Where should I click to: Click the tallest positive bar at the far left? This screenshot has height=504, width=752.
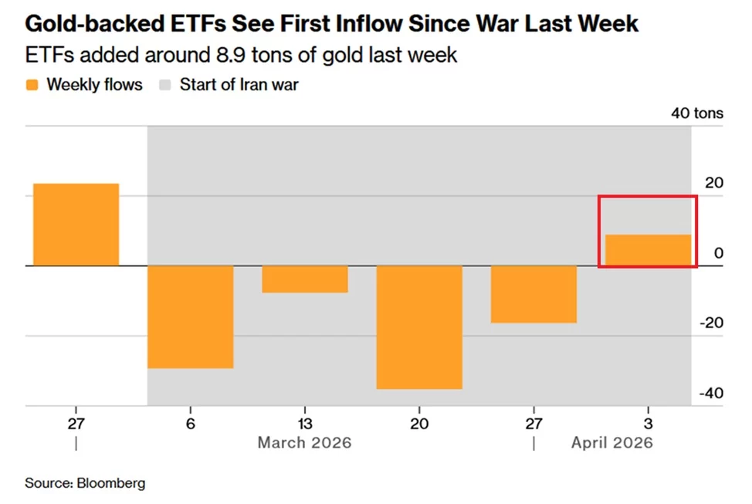76,225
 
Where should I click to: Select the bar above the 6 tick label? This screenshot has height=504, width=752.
190,316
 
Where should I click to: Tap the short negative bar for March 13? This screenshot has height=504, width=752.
304,279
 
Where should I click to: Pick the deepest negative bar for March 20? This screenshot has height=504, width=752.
418,327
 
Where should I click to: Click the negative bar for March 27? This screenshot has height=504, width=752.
534,294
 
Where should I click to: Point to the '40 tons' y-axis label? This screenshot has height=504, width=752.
697,113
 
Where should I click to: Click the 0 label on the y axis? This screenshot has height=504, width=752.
719,253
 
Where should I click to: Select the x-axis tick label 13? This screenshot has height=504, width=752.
304,424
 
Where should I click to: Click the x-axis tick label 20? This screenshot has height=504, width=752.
418,424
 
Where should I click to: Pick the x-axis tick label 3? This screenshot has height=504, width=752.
648,424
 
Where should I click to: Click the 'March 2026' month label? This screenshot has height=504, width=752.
304,443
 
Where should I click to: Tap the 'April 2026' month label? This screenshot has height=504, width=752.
611,443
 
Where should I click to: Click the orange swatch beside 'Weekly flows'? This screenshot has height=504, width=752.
32,85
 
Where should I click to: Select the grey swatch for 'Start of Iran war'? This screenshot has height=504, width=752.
164,85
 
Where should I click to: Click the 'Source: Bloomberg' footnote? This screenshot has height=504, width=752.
85,483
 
